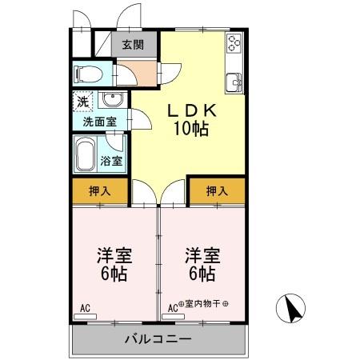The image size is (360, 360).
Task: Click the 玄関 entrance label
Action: coord(132,46)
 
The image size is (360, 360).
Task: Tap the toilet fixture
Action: coord(86,75)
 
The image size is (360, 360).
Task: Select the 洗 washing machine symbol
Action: coord(82,102)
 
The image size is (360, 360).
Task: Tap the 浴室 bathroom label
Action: coord(111,161)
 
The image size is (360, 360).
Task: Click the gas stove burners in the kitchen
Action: coord(234,44)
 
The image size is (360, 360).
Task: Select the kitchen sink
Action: coord(234,81)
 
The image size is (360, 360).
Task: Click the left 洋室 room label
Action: coord(114,255)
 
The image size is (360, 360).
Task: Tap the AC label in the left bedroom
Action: coord(85,306)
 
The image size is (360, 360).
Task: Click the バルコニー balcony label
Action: coord(158,340)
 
